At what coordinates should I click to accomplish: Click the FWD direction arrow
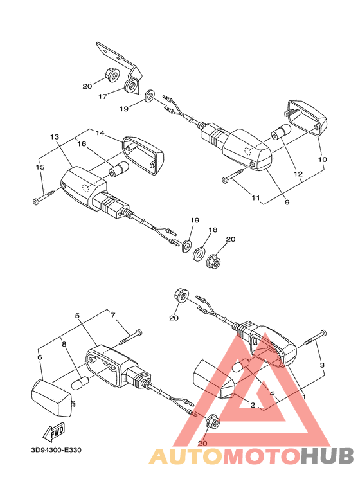54,431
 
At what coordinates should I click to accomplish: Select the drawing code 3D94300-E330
56,450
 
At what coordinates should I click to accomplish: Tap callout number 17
103,96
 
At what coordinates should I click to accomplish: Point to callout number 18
213,230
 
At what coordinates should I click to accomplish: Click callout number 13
55,137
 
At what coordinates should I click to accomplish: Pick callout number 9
287,202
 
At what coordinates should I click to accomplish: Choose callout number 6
40,357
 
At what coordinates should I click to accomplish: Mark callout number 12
298,174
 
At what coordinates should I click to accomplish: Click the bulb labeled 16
118,168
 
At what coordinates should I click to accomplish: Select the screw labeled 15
45,196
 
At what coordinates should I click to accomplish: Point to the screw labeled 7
131,338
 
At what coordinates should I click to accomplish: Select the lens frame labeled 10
307,116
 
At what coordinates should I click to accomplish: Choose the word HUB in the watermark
327,456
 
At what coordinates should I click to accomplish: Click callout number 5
77,316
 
